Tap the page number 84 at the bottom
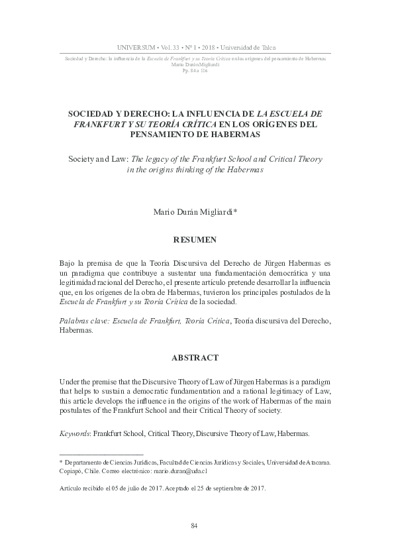pos(195,526)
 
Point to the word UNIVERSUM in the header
pos(136,48)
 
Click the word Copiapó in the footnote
pos(73,471)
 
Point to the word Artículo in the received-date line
pos(71,488)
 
